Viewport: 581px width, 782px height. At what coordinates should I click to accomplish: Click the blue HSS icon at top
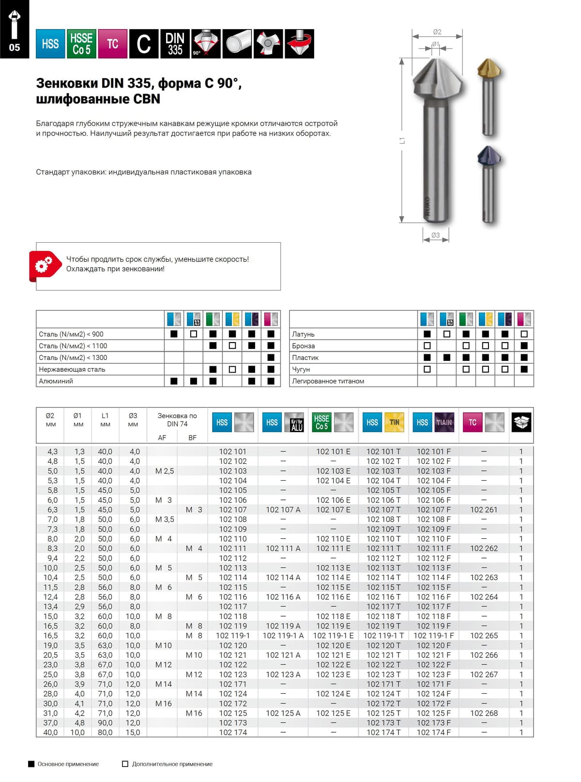coord(50,44)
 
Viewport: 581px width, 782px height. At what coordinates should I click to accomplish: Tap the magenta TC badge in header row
coord(112,44)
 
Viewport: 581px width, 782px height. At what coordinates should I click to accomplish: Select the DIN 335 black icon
coord(175,44)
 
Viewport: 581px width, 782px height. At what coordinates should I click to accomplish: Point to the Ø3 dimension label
coord(435,235)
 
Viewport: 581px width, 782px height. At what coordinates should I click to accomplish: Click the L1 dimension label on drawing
coord(402,141)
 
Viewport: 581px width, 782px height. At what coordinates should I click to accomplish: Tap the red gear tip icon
coord(43,265)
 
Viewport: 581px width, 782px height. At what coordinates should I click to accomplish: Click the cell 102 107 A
coord(283,510)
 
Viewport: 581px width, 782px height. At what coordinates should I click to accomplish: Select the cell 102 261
coord(484,510)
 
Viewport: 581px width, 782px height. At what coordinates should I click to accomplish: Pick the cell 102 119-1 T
coord(383,636)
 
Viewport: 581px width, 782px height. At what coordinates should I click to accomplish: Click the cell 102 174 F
coord(433,733)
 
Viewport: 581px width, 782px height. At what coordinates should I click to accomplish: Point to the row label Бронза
coord(304,346)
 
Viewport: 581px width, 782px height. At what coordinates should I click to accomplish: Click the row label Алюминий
coord(56,381)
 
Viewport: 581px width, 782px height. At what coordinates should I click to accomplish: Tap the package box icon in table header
coord(521,422)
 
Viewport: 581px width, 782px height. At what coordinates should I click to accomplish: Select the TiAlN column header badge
coord(444,422)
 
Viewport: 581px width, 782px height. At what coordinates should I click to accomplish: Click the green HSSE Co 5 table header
coord(321,422)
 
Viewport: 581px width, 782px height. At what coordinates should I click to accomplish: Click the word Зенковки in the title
coord(66,83)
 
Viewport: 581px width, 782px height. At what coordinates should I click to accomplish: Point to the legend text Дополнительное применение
coord(172,764)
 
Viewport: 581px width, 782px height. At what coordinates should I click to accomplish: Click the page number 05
coord(15,47)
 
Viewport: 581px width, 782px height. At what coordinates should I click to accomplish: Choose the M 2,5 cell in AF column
coord(164,471)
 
